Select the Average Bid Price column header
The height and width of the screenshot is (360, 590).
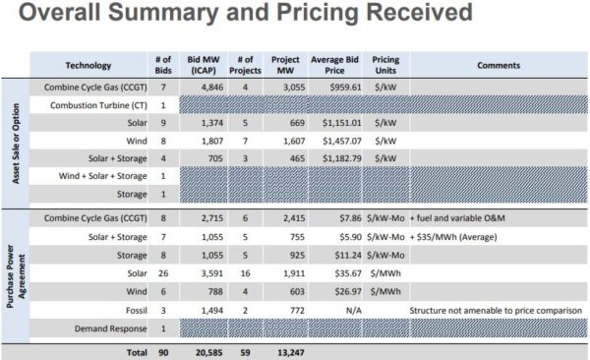pos(333,65)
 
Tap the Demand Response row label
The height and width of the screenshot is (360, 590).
pos(101,328)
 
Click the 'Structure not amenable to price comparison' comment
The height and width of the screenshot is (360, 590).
pos(498,310)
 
